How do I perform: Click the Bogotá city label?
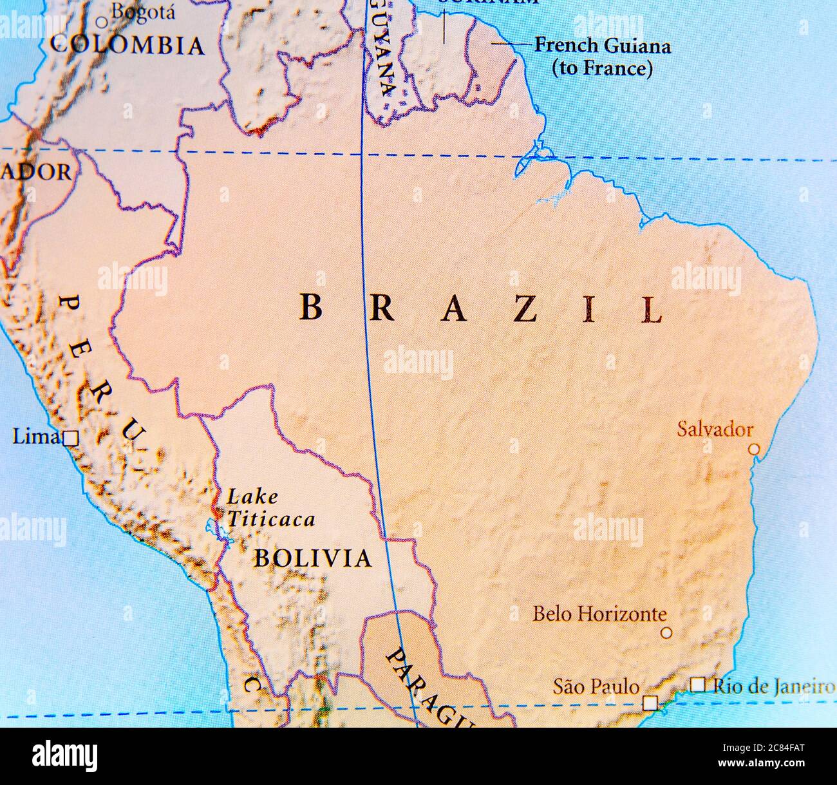pos(133,11)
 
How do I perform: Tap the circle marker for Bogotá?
pos(101,23)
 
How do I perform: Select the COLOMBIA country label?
pos(127,45)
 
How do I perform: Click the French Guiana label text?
pos(603,46)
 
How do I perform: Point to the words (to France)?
pos(603,68)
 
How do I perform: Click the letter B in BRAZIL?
pos(311,308)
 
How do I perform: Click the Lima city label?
pos(36,437)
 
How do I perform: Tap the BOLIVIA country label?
pos(312,558)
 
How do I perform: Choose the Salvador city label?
pos(715,429)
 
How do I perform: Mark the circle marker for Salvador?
pos(755,449)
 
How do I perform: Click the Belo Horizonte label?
pos(599,613)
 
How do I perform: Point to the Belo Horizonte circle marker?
pos(666,633)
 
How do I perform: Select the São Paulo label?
pos(596,686)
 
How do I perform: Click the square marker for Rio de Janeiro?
pos(697,685)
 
